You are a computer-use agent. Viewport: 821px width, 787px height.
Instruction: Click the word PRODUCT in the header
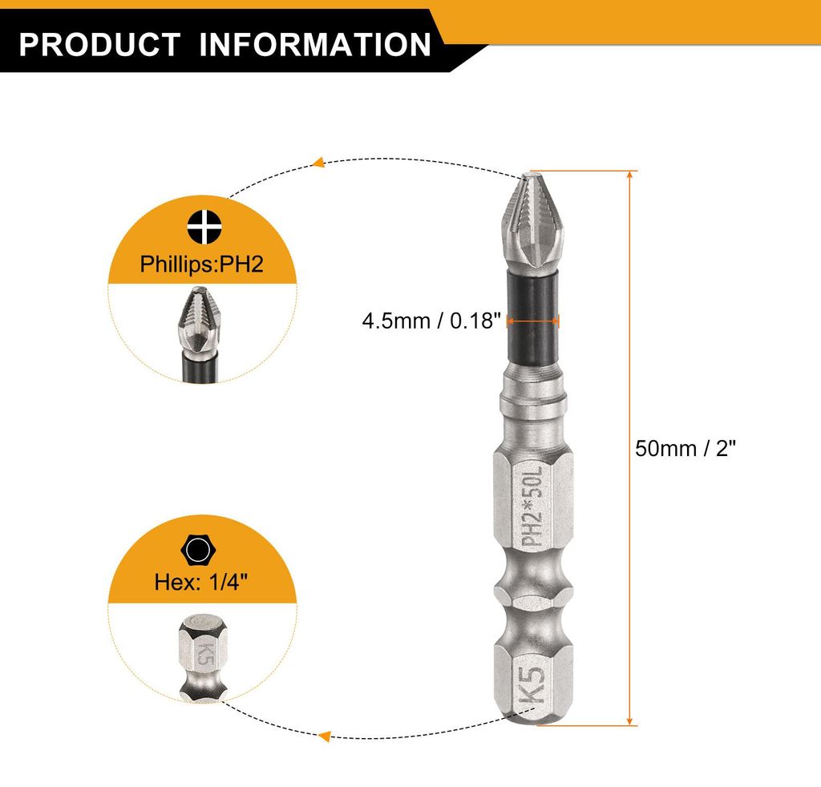(99, 44)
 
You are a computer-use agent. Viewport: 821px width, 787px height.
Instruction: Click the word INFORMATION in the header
(315, 44)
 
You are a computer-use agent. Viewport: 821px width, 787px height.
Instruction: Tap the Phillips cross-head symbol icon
(204, 227)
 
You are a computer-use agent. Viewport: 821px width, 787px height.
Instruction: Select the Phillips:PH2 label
(201, 264)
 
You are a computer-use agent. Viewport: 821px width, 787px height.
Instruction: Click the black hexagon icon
(199, 550)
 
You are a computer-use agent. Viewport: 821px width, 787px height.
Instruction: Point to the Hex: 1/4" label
(201, 582)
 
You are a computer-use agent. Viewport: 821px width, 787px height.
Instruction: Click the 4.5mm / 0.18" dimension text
(431, 321)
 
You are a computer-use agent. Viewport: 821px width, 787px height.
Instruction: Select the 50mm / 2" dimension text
(686, 449)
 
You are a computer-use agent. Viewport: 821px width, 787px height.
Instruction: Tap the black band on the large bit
(532, 319)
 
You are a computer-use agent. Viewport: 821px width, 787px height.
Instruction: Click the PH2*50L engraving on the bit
(533, 506)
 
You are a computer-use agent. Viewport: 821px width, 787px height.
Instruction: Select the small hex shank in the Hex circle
(202, 656)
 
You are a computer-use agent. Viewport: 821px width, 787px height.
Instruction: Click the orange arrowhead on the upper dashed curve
(317, 162)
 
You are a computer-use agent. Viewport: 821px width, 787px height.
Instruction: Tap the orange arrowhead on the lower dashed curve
(325, 736)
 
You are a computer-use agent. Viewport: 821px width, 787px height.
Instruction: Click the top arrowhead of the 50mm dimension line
(630, 176)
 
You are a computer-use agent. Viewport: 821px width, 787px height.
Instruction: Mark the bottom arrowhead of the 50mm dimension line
(630, 720)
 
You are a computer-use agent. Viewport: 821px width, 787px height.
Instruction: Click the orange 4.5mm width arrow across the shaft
(533, 321)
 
